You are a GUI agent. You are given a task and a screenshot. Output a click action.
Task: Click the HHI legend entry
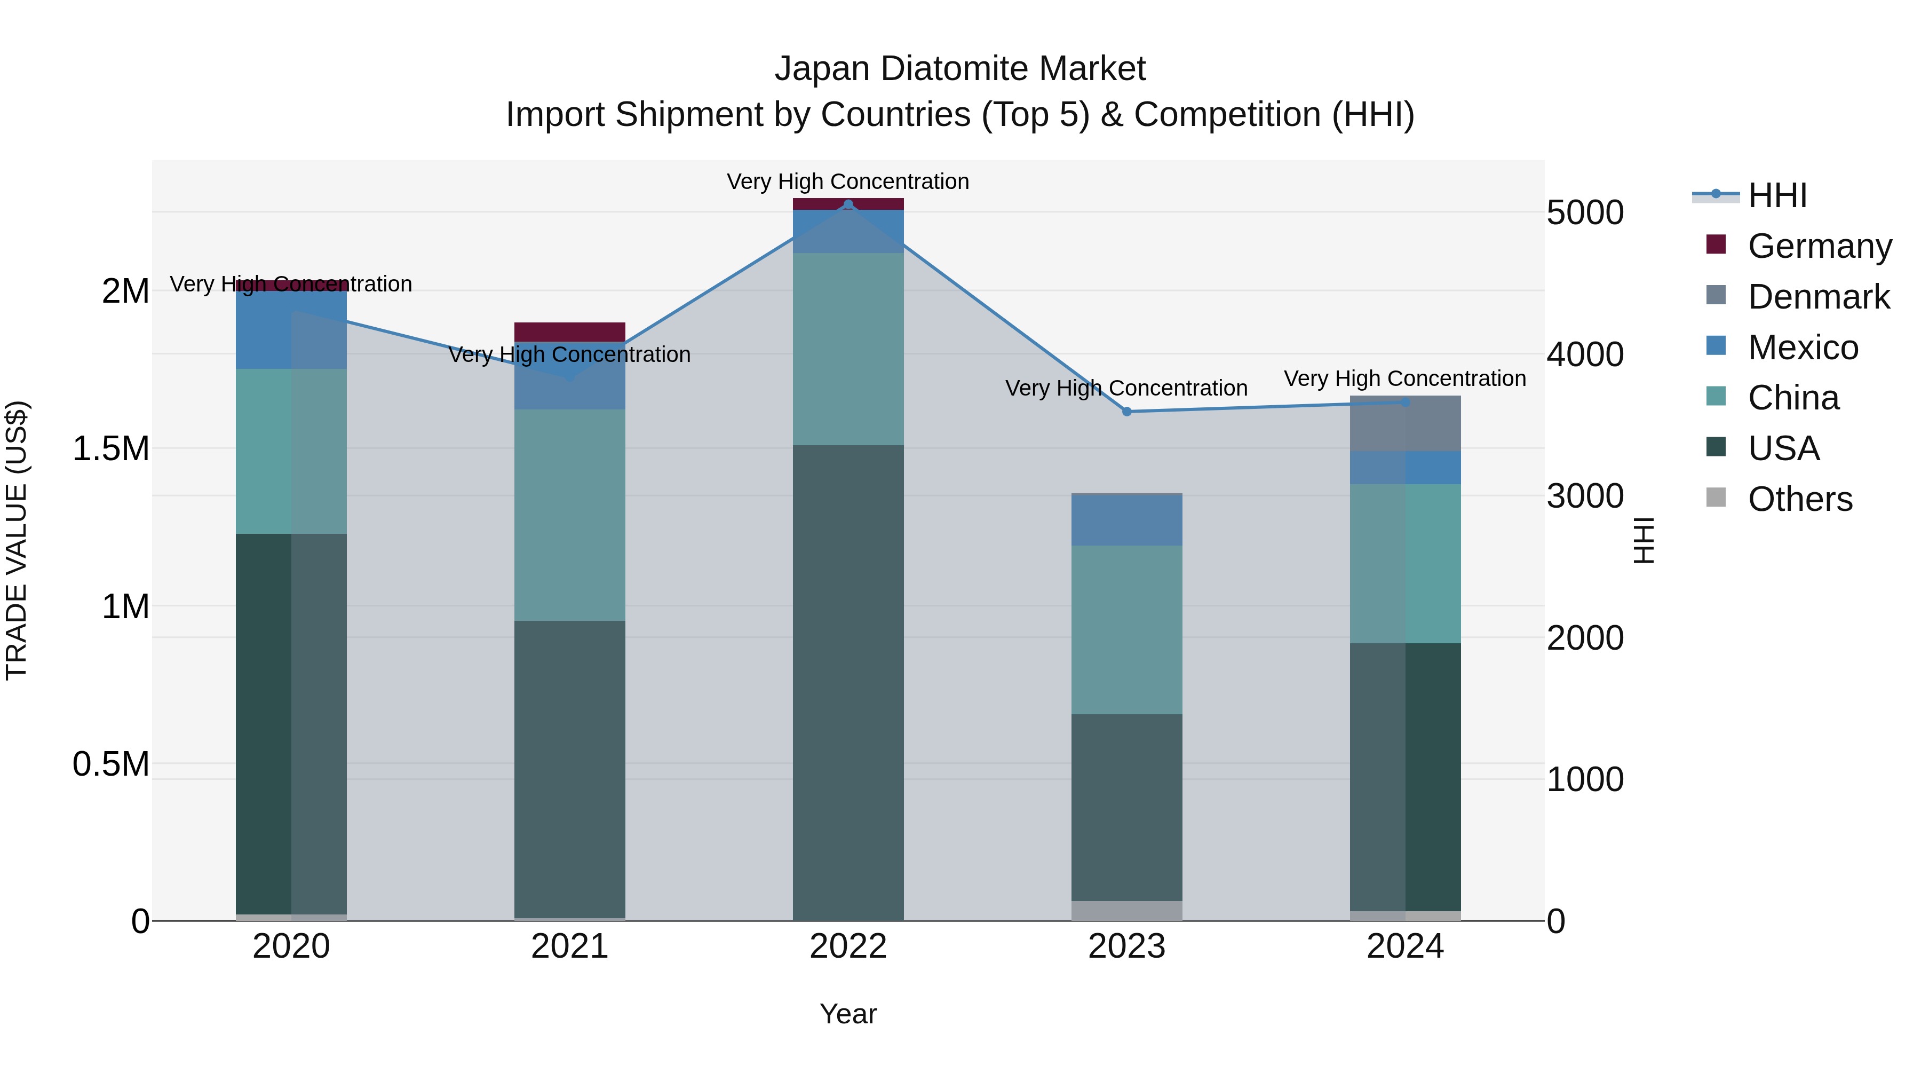click(x=1777, y=195)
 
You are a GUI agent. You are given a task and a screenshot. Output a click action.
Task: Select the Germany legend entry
click(x=1819, y=246)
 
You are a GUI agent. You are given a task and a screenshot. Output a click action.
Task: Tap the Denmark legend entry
click(x=1818, y=297)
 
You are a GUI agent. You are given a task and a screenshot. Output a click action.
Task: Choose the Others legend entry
click(x=1799, y=499)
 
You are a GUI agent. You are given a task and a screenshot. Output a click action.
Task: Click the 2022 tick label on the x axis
click(x=848, y=946)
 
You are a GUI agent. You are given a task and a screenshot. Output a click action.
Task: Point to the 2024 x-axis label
click(x=1405, y=946)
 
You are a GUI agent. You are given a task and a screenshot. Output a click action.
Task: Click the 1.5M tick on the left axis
click(x=110, y=449)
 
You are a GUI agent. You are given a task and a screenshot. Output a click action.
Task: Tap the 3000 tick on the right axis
click(x=1585, y=496)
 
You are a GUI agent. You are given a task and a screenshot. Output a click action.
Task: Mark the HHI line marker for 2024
click(x=1405, y=402)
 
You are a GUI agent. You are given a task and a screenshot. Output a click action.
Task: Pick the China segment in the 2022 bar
click(x=848, y=349)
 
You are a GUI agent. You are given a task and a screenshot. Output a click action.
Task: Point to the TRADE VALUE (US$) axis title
click(x=17, y=540)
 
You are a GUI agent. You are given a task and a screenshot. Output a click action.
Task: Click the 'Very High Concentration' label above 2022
click(x=848, y=182)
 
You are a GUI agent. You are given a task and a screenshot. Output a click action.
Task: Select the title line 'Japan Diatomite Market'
click(x=960, y=69)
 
